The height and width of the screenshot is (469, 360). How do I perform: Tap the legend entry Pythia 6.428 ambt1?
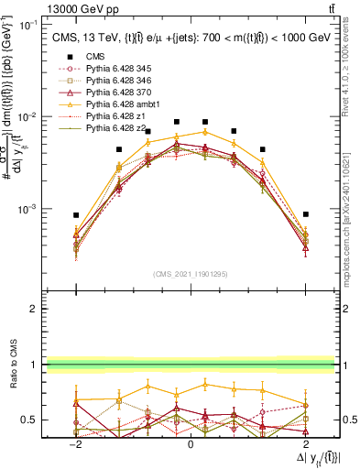pos(122,104)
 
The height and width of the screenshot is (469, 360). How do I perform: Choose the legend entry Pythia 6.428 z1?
pos(115,116)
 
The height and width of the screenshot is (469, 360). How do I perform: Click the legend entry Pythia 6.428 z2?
pos(115,129)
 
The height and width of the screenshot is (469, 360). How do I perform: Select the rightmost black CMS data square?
pos(305,214)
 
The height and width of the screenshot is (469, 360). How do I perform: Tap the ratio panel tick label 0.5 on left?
pos(29,420)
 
